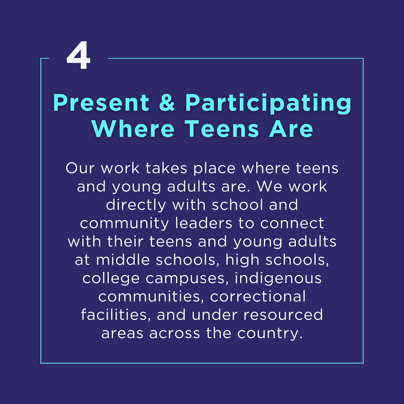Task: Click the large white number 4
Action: [x=78, y=55]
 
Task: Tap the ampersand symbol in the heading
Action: [x=167, y=102]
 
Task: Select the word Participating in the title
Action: [x=268, y=104]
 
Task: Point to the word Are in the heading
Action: [x=291, y=129]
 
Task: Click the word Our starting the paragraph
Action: [x=80, y=168]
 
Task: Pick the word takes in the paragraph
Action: [x=166, y=168]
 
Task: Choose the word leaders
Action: [x=204, y=223]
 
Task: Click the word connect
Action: [x=292, y=223]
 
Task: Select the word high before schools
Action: [x=242, y=260]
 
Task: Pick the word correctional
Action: [x=258, y=296]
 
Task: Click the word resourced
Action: [x=283, y=315]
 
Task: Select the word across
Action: [x=175, y=333]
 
